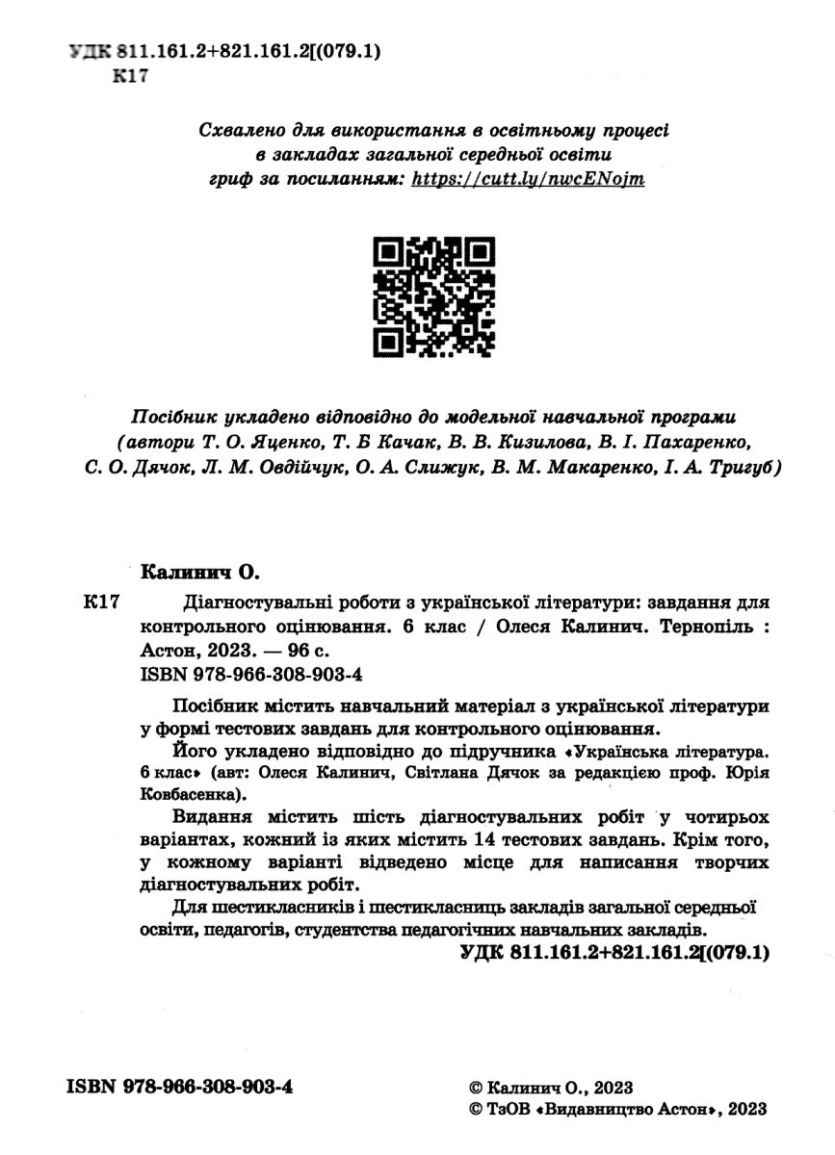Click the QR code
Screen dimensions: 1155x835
pos(433,297)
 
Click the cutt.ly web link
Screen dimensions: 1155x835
pos(528,179)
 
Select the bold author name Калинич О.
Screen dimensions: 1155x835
pos(201,573)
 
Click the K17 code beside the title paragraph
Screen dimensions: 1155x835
pos(100,603)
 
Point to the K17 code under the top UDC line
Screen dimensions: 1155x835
pos(131,78)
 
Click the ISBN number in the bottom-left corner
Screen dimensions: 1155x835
pos(179,1087)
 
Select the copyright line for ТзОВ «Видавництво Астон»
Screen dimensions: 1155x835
pos(615,1109)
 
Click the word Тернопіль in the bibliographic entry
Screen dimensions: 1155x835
pos(705,626)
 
